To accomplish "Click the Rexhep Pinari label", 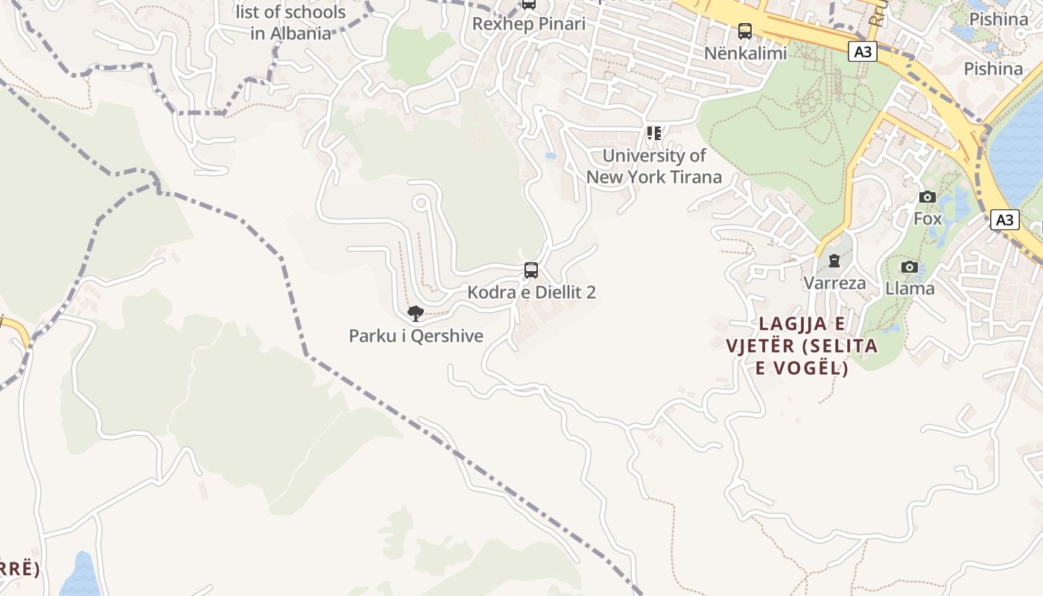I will coord(529,24).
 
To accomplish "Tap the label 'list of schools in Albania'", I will coord(291,22).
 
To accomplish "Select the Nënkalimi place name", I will coord(745,54).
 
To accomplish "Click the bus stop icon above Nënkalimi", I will coord(745,31).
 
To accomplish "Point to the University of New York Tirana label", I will coord(654,166).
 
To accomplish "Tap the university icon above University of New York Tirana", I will coord(654,133).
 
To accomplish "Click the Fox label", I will coord(928,219).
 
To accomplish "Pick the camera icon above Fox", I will coord(928,197).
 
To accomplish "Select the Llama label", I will coord(910,289).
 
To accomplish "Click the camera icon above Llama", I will coord(910,267).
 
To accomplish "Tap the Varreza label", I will coord(834,283).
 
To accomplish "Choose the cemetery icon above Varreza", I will coord(834,261).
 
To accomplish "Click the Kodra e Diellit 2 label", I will coord(531,292).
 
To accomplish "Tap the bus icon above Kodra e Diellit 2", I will coord(531,270).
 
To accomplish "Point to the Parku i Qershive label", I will coord(416,336).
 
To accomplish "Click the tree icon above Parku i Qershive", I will coord(416,314).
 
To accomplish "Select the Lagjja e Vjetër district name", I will coord(802,346).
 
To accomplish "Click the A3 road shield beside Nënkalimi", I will coord(862,51).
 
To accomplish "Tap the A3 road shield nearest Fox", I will coord(1004,220).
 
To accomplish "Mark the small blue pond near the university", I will coord(551,156).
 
